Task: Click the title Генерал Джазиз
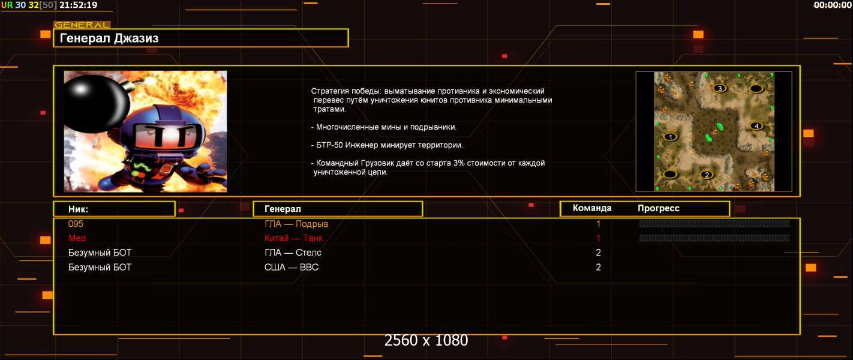[x=109, y=38]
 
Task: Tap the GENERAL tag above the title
[x=82, y=25]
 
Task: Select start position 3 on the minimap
[x=719, y=88]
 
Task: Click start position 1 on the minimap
[x=670, y=137]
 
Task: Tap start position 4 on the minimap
[x=756, y=126]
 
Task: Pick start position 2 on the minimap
[x=707, y=175]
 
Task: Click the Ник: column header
[x=78, y=209]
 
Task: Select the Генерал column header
[x=283, y=209]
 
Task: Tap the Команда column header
[x=592, y=208]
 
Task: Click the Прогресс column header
[x=659, y=208]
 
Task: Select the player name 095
[x=76, y=224]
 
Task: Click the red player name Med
[x=77, y=238]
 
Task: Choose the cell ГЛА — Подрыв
[x=296, y=224]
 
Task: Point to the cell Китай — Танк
[x=293, y=238]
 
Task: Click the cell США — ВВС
[x=292, y=267]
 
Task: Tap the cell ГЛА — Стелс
[x=293, y=253]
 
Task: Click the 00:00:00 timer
[x=833, y=5]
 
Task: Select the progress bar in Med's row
[x=714, y=238]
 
